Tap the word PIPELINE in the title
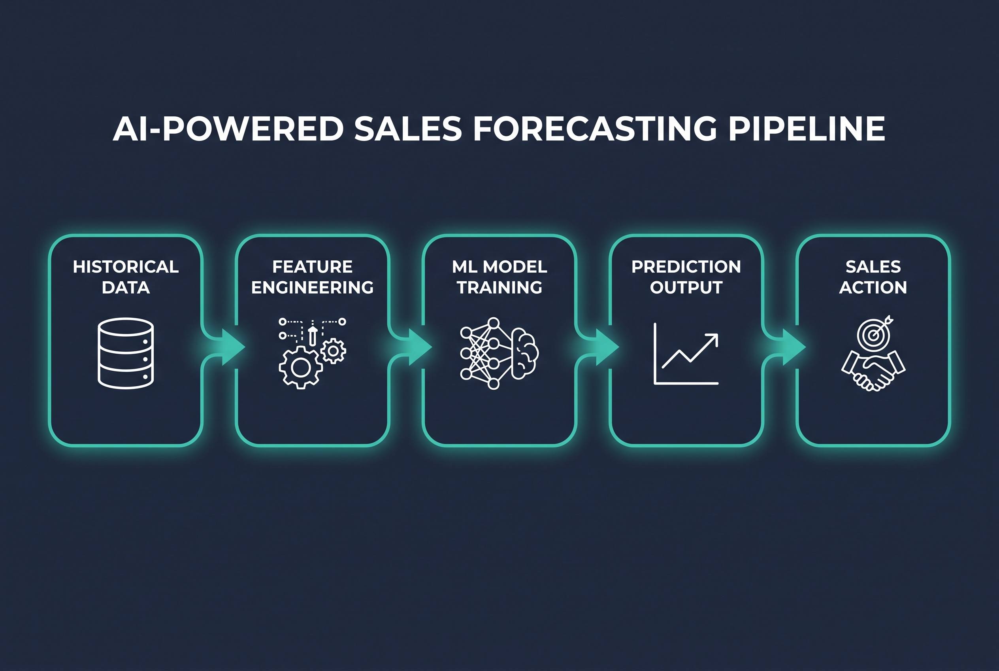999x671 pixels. [x=807, y=128]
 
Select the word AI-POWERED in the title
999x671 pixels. [x=228, y=128]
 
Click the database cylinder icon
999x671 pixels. [x=126, y=353]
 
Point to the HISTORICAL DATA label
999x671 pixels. [x=126, y=277]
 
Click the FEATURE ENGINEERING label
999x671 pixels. [x=313, y=277]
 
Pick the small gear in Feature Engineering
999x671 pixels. [x=334, y=351]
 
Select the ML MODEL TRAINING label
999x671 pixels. [x=499, y=277]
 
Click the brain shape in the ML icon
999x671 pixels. [x=525, y=353]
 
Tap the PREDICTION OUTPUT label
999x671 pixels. [x=686, y=277]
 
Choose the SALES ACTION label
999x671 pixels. [x=873, y=277]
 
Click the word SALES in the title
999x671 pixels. [x=408, y=128]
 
